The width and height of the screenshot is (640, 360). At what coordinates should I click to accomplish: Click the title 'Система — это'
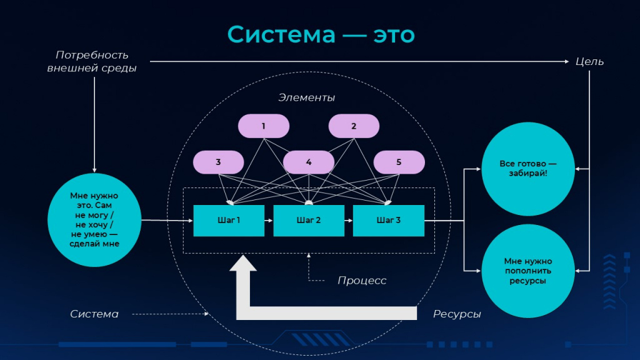[321, 34]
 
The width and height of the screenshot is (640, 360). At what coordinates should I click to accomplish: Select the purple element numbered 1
[264, 126]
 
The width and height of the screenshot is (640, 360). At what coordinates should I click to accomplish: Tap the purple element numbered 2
[354, 126]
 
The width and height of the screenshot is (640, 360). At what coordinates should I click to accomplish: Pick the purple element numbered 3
[218, 162]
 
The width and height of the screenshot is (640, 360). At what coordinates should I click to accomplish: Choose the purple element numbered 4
[309, 162]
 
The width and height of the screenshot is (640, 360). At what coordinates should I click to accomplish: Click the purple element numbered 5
[399, 162]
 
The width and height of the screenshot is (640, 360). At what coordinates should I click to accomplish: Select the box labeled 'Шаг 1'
[229, 221]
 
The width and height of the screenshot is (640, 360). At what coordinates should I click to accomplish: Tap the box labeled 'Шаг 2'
[309, 221]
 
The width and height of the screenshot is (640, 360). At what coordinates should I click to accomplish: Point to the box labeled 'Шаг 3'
[389, 221]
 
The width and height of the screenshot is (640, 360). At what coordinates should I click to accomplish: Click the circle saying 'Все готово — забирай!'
[528, 169]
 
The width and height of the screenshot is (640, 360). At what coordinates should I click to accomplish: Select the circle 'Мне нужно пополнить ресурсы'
[528, 271]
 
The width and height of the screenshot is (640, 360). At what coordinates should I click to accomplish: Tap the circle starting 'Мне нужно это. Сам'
[94, 220]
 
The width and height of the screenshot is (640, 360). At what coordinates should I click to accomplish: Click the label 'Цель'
[589, 62]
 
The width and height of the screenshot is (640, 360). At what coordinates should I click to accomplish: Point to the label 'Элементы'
[306, 97]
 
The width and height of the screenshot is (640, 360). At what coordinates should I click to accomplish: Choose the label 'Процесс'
[362, 281]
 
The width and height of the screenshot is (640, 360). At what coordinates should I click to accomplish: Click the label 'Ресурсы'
[457, 314]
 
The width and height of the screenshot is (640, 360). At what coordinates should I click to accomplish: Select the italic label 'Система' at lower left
[94, 314]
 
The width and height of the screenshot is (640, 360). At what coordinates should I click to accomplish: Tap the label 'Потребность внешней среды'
[92, 62]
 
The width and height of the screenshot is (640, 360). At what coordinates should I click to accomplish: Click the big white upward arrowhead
[243, 263]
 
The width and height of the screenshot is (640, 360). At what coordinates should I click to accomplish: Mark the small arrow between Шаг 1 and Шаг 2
[269, 221]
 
